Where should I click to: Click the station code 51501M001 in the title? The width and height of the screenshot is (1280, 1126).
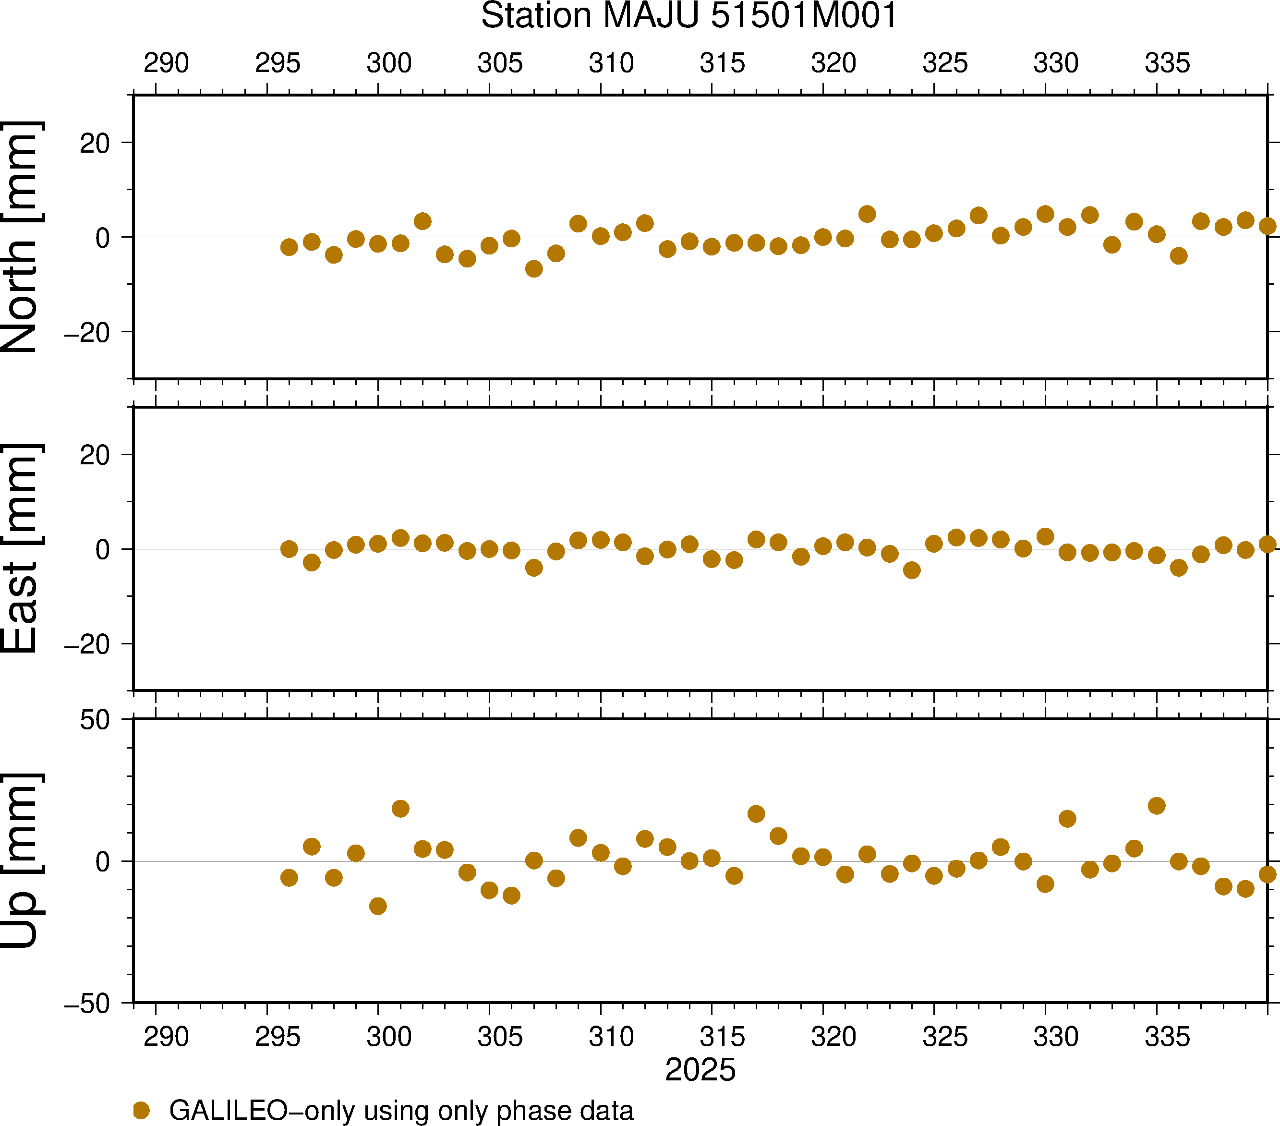click(804, 16)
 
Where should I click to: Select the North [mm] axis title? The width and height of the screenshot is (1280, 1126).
click(21, 237)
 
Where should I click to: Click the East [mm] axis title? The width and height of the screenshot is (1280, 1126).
click(21, 549)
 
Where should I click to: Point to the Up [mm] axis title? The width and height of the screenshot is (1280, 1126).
click(21, 860)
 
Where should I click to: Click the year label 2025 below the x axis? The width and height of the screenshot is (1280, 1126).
click(700, 1070)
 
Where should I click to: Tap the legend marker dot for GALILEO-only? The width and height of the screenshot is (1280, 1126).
click(142, 1110)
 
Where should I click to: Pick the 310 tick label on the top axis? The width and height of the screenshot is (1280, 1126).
click(611, 63)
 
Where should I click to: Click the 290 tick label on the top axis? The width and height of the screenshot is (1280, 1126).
click(166, 63)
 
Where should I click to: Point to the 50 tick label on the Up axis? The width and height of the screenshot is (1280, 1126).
click(95, 720)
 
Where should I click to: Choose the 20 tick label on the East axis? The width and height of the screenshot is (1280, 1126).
click(95, 455)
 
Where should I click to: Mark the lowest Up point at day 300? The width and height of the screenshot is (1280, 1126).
click(377, 906)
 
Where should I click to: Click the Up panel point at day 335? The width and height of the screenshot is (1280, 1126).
click(1157, 805)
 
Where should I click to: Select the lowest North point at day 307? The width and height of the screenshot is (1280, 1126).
click(533, 269)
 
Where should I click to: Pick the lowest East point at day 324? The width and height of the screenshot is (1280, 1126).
click(912, 570)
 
